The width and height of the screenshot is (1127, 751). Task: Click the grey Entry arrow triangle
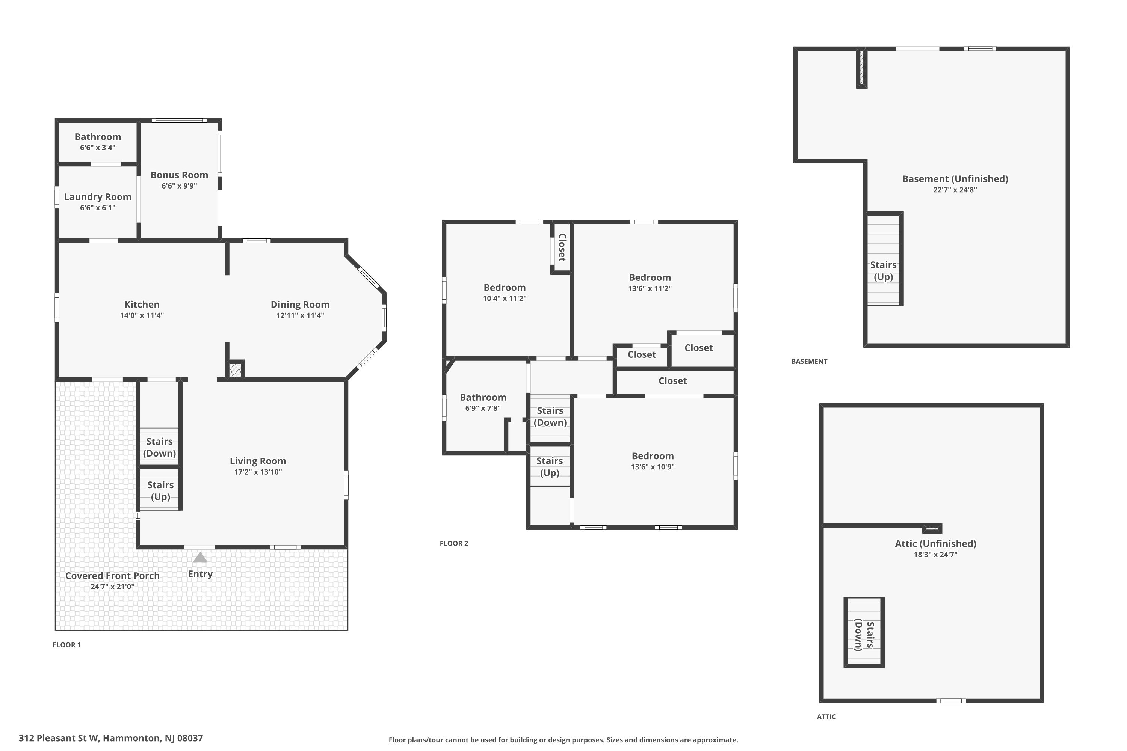200,558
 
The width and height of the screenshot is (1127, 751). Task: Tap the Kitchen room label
142,305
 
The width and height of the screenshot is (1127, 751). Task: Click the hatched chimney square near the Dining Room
235,371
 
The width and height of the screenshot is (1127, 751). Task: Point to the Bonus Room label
179,175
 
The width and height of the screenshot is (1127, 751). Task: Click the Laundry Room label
98,197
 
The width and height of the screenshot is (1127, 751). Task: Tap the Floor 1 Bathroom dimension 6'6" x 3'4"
98,148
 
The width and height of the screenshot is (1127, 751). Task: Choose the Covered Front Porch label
112,576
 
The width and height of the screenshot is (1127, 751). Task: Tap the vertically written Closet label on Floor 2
562,247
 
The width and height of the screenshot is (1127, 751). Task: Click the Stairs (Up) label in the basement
883,271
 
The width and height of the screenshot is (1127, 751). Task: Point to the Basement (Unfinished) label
955,179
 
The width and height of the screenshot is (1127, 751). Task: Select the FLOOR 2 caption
454,543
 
